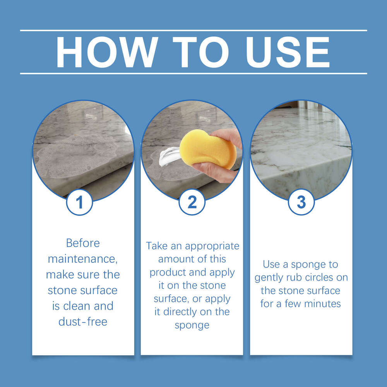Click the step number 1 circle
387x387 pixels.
(80, 202)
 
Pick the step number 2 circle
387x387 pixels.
(192, 202)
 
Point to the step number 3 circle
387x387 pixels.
(301, 202)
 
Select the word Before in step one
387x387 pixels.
(83, 243)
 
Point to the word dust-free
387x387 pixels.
(83, 321)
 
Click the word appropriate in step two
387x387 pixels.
(213, 246)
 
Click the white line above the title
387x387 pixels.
(193, 30)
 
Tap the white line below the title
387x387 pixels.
(193, 73)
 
